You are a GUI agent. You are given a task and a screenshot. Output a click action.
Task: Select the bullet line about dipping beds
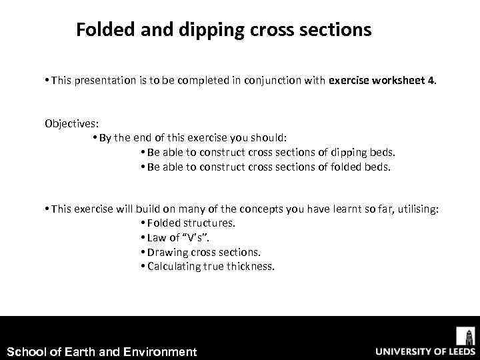tap(271, 152)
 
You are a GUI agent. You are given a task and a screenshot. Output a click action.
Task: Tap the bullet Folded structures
tap(191, 223)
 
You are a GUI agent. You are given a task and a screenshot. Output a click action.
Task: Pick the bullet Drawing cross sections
tap(204, 253)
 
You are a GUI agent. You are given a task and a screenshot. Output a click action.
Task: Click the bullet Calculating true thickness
tap(211, 267)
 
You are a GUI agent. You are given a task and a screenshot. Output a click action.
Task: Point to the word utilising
tap(416, 209)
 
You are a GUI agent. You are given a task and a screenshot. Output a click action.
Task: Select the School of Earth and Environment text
tap(101, 351)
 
